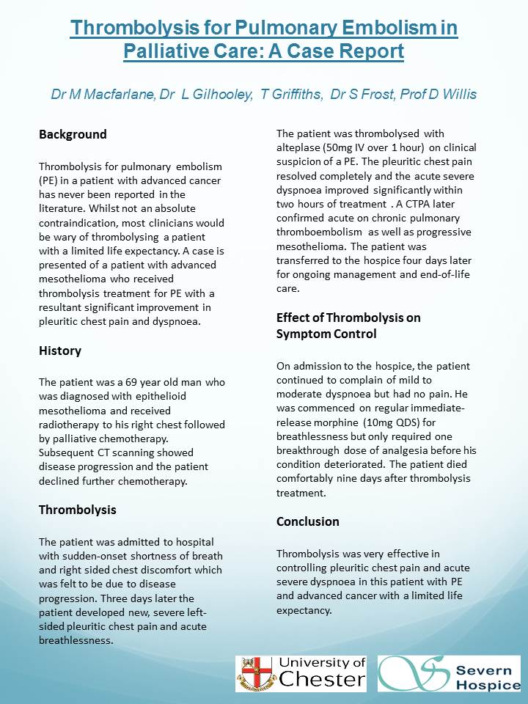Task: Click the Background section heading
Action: coord(73,134)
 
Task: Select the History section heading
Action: coord(60,351)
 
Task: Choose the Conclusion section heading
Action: coord(308,521)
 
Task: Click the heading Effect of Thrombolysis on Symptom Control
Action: coord(359,326)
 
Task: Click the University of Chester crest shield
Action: coord(254,673)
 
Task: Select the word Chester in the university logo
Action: coord(321,679)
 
